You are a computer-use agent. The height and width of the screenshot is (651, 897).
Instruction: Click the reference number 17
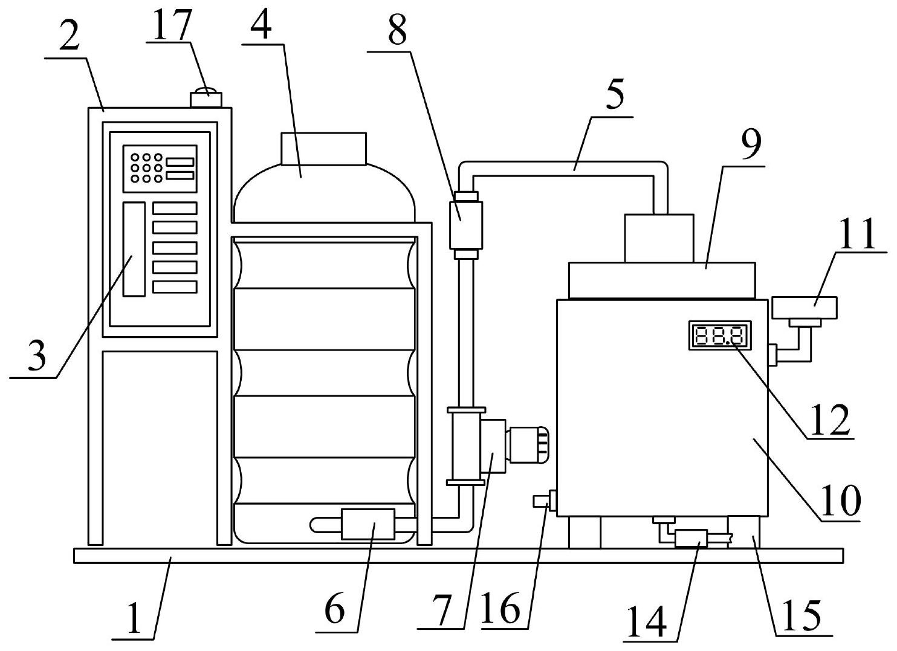pyautogui.click(x=171, y=25)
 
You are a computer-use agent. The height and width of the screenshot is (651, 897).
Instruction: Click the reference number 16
pyautogui.click(x=501, y=608)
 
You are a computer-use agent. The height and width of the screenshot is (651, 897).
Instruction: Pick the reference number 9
pyautogui.click(x=751, y=145)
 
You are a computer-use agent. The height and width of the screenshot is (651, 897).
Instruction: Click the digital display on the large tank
pyautogui.click(x=720, y=335)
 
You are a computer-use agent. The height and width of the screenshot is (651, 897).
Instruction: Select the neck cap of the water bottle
pyautogui.click(x=323, y=149)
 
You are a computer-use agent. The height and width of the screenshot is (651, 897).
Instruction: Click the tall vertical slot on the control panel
pyautogui.click(x=134, y=249)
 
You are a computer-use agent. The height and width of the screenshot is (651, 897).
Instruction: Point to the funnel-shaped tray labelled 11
pyautogui.click(x=805, y=308)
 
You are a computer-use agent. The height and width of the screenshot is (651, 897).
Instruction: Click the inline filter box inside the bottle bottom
pyautogui.click(x=368, y=523)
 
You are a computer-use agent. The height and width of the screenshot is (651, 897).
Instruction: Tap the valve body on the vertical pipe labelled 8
pyautogui.click(x=466, y=225)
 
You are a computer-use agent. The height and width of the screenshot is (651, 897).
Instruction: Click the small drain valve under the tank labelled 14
pyautogui.click(x=691, y=538)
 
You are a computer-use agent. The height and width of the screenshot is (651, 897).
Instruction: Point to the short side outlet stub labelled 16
pyautogui.click(x=541, y=501)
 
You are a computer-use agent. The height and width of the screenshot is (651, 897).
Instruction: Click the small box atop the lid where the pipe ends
pyautogui.click(x=659, y=238)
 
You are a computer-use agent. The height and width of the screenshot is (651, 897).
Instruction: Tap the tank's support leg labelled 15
pyautogui.click(x=743, y=532)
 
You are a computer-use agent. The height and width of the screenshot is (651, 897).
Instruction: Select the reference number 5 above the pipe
pyautogui.click(x=615, y=95)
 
